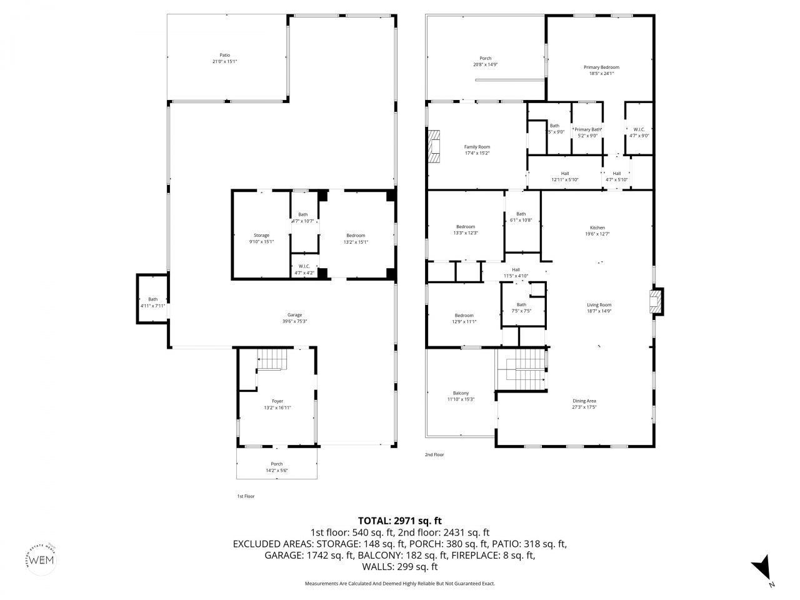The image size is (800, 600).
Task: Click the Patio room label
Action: tap(224, 55)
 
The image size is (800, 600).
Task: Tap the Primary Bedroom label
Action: tap(601, 67)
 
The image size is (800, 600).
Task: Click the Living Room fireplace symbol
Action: tap(655, 301)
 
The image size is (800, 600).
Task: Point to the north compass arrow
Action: tap(762, 568)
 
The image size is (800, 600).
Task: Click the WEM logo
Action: tap(42, 558)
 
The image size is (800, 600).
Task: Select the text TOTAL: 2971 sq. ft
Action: tap(399, 520)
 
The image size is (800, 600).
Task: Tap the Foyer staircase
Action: tap(272, 360)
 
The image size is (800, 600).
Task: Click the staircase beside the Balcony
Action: tap(521, 368)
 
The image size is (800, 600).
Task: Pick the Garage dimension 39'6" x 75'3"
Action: tap(294, 321)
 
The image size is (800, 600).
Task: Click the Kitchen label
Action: tap(597, 227)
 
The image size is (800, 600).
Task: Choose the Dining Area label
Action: tap(584, 401)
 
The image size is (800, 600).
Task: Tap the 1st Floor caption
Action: tap(246, 496)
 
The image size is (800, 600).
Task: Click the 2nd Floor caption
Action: tap(434, 455)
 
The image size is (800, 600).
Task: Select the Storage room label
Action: tap(261, 235)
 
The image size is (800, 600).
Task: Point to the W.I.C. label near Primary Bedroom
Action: tap(639, 129)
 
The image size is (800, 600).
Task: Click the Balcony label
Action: tap(461, 393)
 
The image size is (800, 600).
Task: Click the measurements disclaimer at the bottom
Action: tap(399, 583)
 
